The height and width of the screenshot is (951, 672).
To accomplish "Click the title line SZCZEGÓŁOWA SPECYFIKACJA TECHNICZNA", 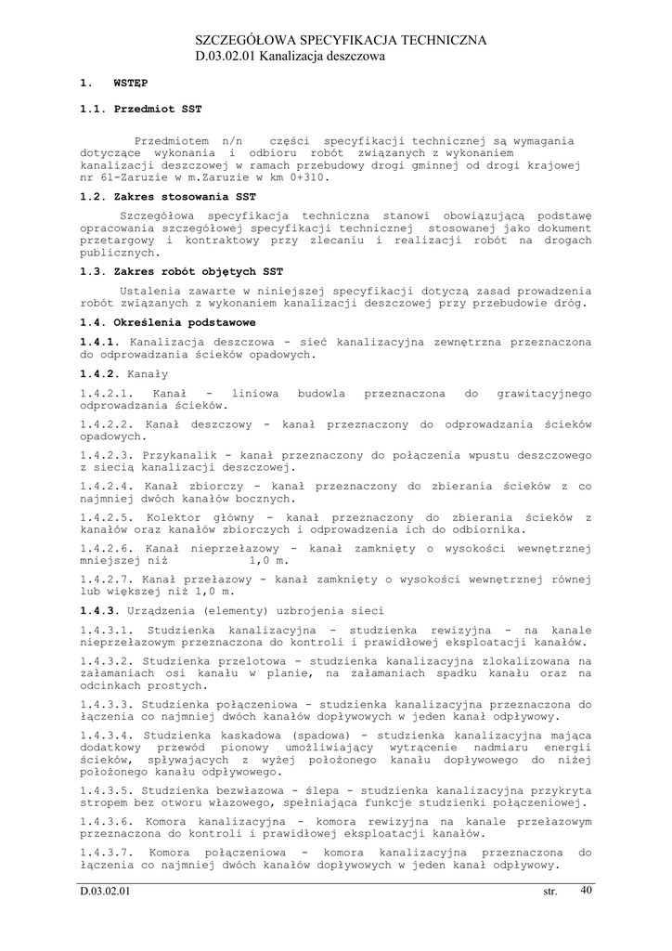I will (341, 40).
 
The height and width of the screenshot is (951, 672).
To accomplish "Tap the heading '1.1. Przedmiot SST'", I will (141, 109).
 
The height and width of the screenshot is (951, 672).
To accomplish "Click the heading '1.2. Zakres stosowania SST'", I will (168, 197).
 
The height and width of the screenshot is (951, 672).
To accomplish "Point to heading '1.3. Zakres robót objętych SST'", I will (182, 272).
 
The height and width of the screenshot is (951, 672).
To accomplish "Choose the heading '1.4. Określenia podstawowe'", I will (168, 322).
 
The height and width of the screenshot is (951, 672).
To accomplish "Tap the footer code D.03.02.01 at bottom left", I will (106, 892).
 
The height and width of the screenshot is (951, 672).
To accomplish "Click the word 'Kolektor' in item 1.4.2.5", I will (176, 517).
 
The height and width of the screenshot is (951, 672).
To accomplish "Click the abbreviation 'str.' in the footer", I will (550, 892).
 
